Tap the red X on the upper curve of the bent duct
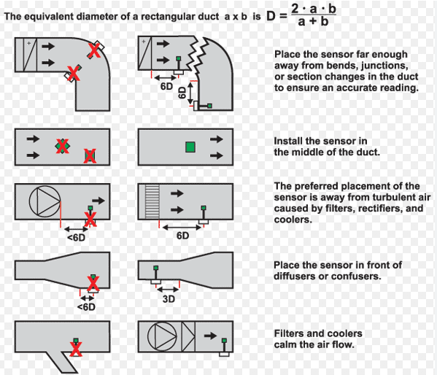[x=94, y=50]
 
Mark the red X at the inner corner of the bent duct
[x=73, y=72]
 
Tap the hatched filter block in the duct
[x=152, y=199]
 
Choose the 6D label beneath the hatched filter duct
[x=182, y=235]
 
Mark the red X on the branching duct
[x=74, y=349]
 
